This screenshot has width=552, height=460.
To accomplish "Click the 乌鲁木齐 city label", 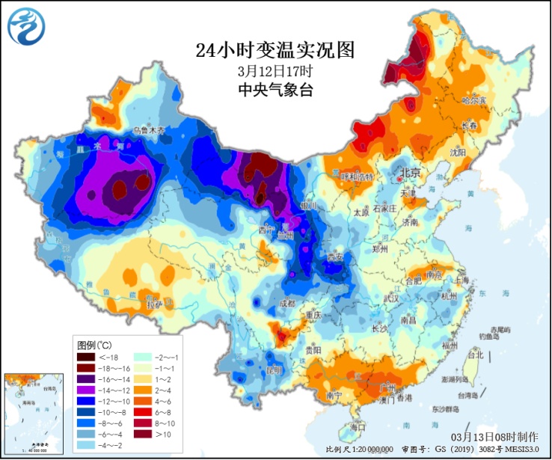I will [148, 129].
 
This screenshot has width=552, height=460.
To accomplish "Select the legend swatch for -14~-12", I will [86, 390].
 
